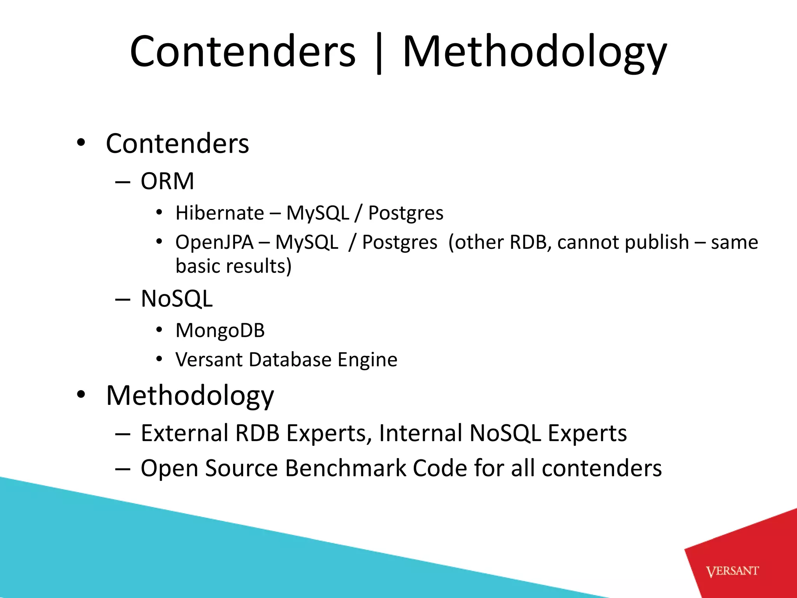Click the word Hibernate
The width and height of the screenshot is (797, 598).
point(219,213)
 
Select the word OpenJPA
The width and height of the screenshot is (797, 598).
point(214,242)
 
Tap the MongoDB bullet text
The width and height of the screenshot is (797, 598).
point(220,331)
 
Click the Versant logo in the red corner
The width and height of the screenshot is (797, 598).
point(732,571)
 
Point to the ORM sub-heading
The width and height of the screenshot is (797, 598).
point(167,181)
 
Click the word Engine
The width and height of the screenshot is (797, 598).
point(367,360)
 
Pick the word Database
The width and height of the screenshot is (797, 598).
point(290,359)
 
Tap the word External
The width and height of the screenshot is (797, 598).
point(184,433)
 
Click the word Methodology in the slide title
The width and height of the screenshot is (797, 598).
point(535,52)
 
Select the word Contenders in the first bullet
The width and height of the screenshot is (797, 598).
point(177,144)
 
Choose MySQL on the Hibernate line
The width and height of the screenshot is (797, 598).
point(318,213)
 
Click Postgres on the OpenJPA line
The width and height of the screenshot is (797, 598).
point(400,242)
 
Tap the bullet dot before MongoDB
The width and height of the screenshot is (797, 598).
point(159,330)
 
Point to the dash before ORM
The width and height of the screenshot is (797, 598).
point(122,182)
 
